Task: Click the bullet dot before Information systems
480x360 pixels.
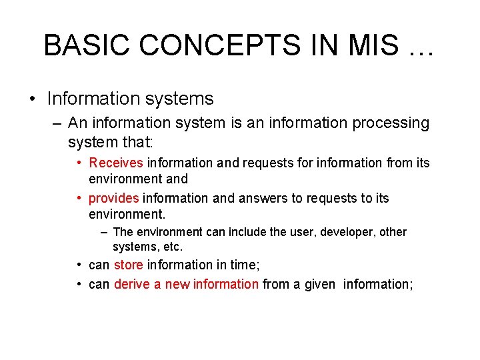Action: coord(33,99)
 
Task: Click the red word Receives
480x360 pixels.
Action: coord(116,163)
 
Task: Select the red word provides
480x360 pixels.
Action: coord(114,198)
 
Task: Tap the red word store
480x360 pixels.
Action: coord(128,265)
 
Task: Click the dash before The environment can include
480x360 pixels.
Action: coord(105,232)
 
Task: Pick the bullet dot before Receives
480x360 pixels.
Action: coord(79,163)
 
